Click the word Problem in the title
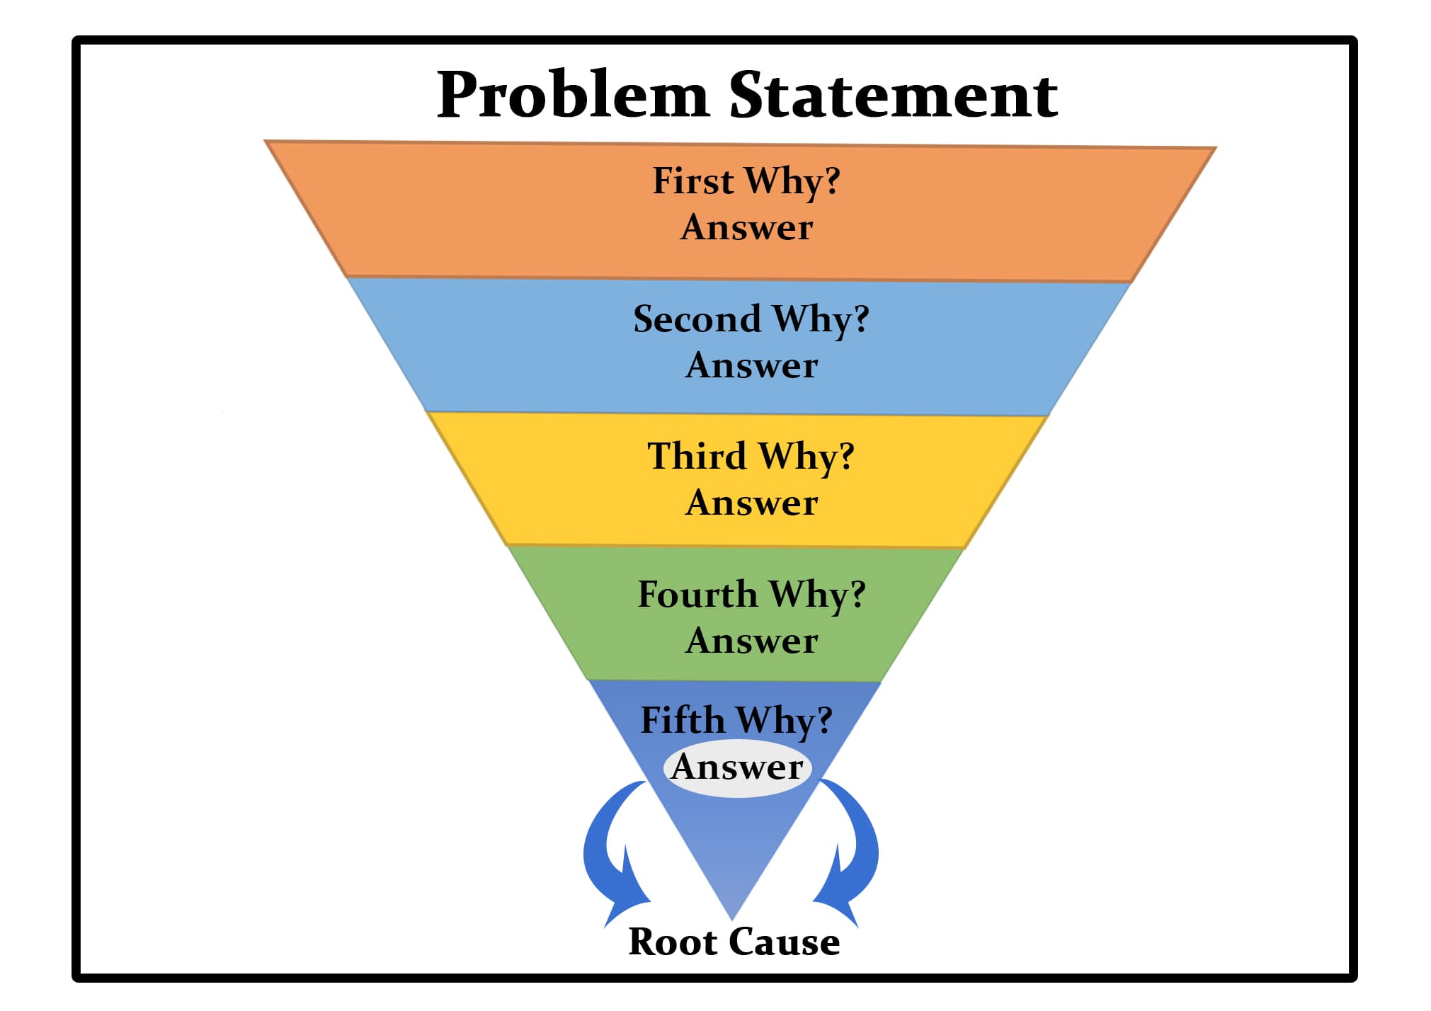(572, 96)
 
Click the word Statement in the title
(894, 96)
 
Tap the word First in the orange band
(692, 181)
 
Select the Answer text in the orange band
(746, 228)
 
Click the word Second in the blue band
(697, 319)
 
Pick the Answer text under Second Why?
(751, 366)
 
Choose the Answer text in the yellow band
(751, 503)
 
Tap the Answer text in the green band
(751, 641)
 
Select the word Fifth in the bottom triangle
(683, 720)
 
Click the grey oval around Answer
(737, 767)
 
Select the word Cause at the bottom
(785, 942)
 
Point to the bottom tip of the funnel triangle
(732, 915)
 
